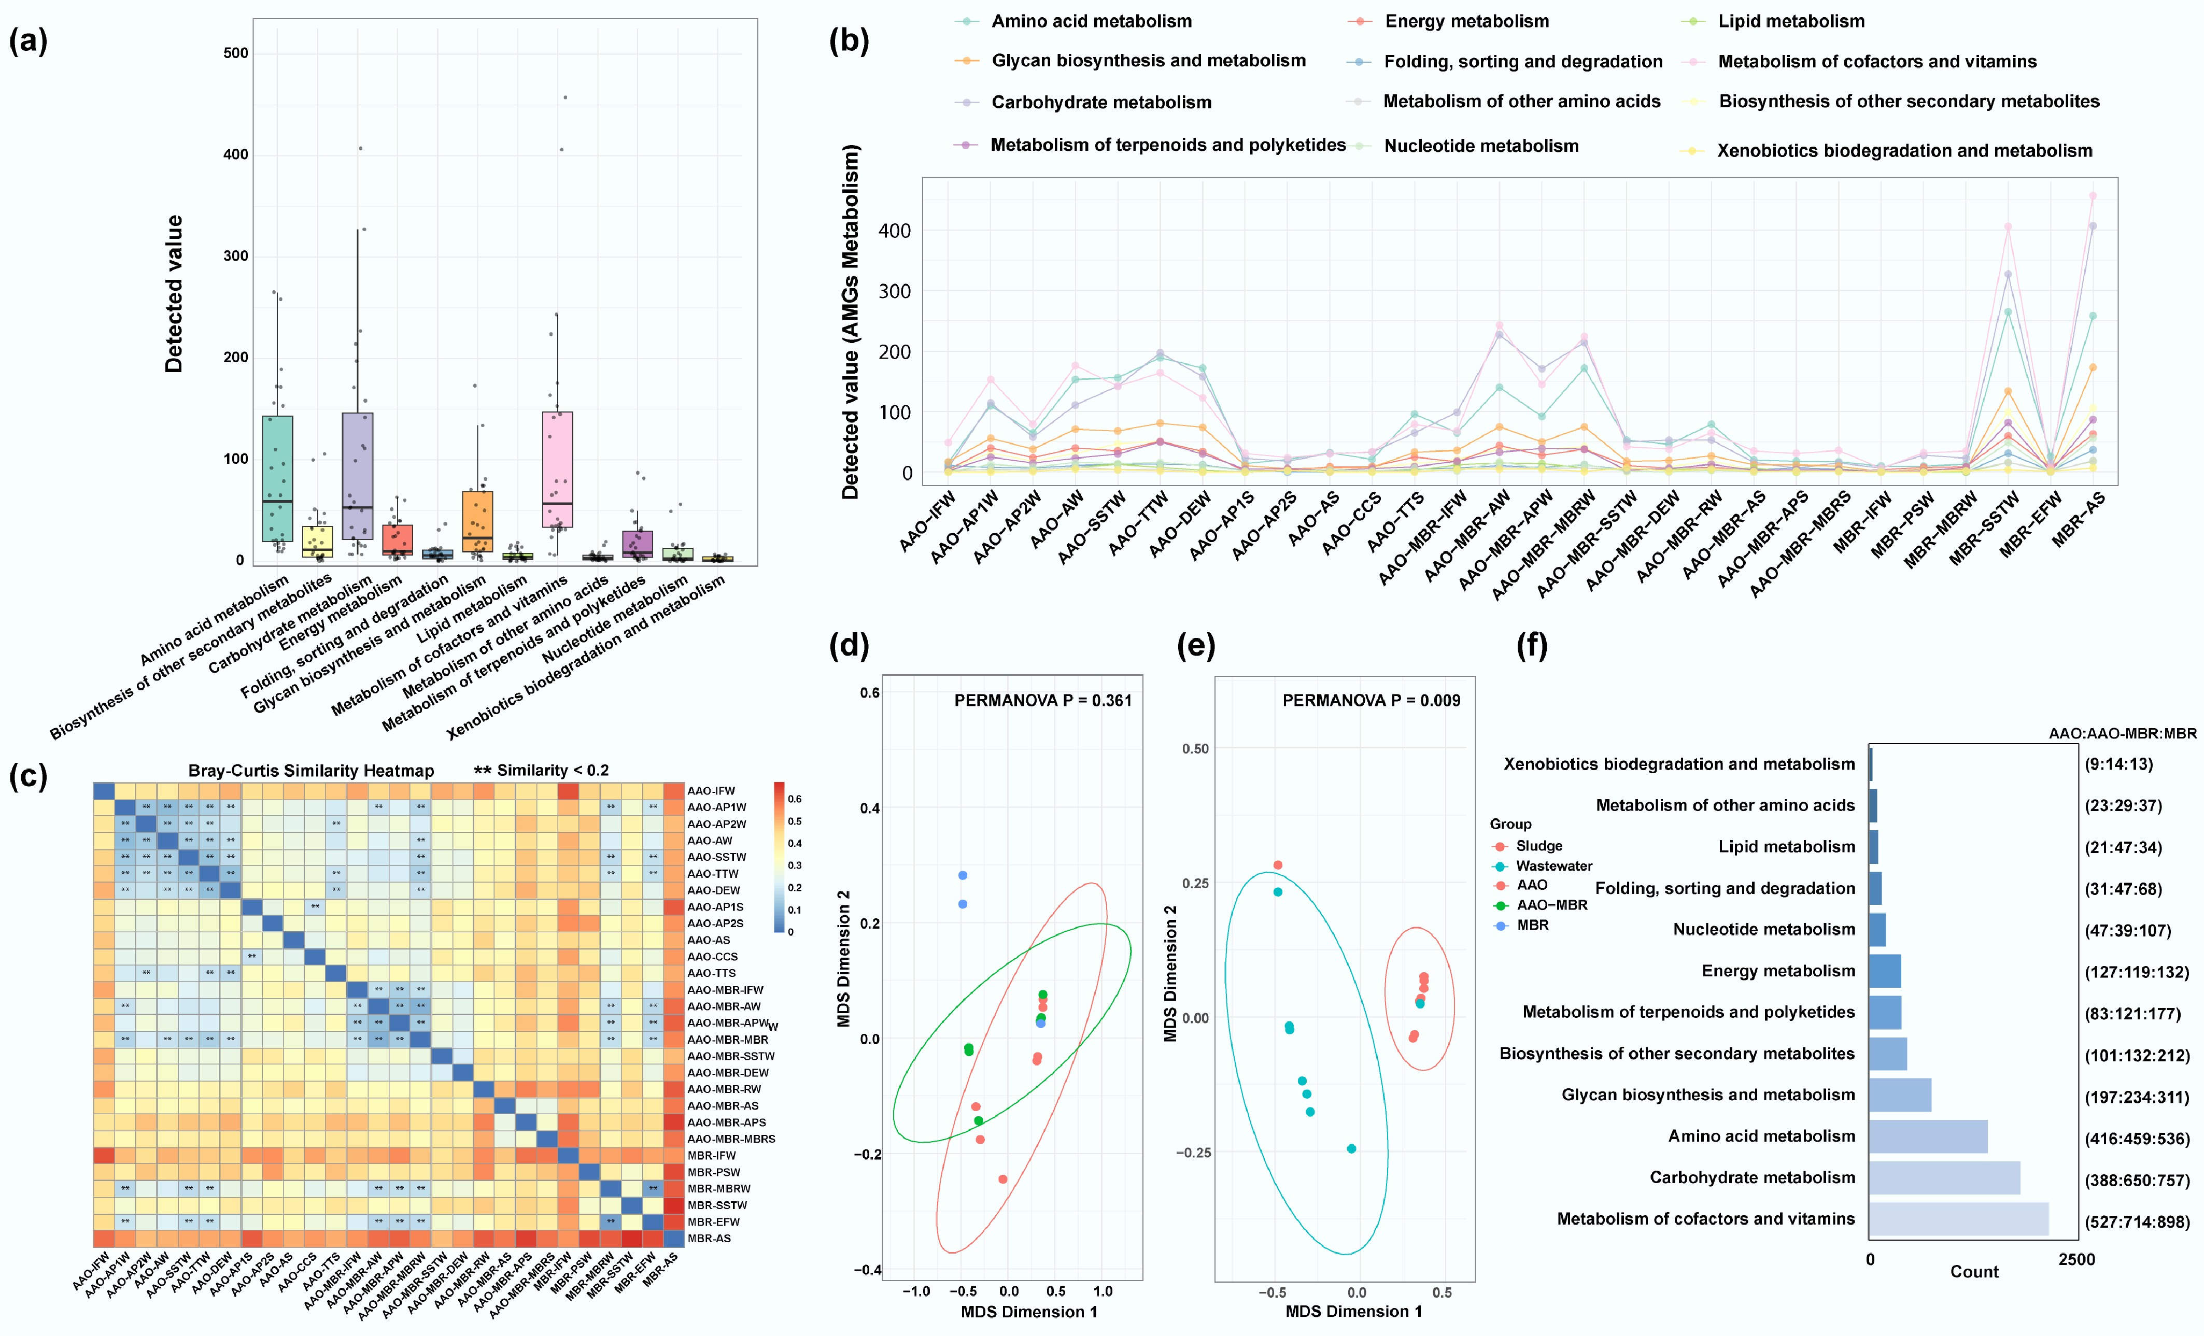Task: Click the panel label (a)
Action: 27,41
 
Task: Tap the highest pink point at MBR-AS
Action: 2092,196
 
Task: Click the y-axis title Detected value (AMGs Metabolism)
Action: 850,322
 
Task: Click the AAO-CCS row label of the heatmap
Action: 712,957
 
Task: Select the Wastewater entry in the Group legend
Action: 1553,865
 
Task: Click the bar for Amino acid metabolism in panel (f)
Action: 1928,1136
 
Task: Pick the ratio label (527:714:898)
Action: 2137,1221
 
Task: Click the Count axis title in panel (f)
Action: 1974,1272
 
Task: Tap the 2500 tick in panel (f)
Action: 2076,1260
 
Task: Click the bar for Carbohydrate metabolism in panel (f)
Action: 1944,1178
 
